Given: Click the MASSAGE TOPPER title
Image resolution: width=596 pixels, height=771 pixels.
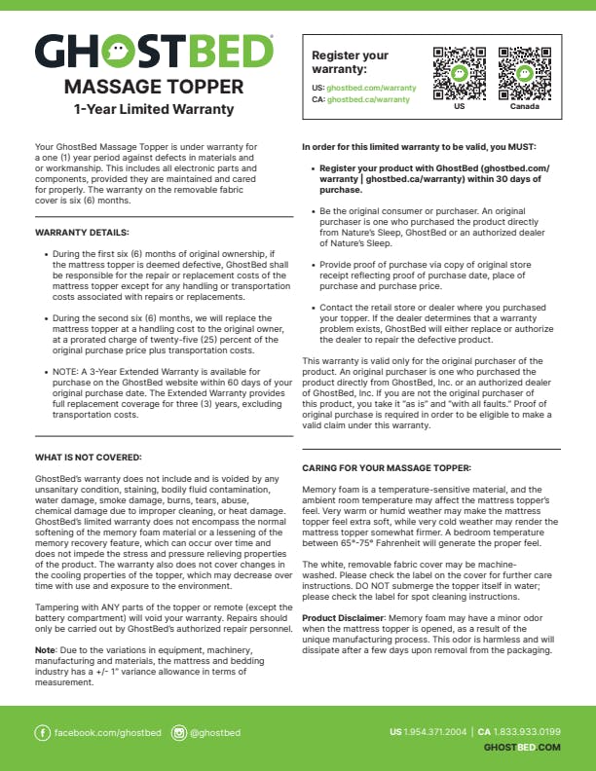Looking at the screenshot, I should tap(154, 88).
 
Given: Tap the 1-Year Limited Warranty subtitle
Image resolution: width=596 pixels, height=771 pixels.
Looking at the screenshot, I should tap(154, 108).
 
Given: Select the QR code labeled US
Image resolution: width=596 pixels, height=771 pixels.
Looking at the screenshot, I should tap(459, 73).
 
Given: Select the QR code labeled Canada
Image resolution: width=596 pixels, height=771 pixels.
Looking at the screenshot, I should tap(524, 73).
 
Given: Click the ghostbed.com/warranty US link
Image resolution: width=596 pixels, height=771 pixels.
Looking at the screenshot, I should tap(371, 88).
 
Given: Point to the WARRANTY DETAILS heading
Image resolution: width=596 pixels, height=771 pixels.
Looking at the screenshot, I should tap(82, 234).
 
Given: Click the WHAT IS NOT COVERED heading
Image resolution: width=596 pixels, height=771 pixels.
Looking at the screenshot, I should tap(88, 457).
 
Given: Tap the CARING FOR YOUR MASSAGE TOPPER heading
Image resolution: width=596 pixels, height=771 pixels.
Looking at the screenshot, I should tap(387, 468).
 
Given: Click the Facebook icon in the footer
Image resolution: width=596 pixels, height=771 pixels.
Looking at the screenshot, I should tap(42, 732).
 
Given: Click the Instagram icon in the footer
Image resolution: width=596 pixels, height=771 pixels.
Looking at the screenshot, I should tap(179, 732).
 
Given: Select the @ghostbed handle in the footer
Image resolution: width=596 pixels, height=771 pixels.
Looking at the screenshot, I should tap(215, 732).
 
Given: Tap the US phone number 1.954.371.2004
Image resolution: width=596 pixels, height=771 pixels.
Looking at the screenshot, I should tap(434, 731).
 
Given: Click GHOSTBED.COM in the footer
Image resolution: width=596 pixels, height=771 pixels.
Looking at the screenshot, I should tap(522, 747).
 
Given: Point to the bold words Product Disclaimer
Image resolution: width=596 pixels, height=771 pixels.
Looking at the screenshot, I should tap(339, 617).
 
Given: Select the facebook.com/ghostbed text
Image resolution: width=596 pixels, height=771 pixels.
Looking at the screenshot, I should tap(107, 732).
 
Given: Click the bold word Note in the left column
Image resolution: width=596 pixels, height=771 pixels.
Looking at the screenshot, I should tap(44, 648).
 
